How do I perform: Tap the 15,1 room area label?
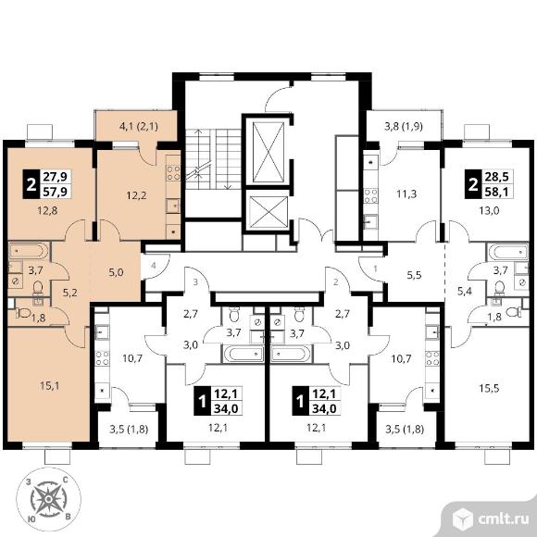tap(50, 386)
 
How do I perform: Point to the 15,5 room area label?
tap(489, 389)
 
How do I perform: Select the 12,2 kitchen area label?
tap(136, 195)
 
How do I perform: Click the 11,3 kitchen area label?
tap(406, 194)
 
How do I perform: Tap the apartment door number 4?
tap(154, 266)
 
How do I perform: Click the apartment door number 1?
tap(375, 268)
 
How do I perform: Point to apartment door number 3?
tap(195, 282)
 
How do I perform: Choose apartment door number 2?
tap(335, 282)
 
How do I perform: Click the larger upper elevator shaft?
tap(268, 153)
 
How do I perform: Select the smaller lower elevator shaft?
tap(268, 212)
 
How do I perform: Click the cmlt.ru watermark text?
tap(503, 519)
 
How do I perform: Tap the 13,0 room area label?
tap(489, 210)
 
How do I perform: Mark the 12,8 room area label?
tap(47, 210)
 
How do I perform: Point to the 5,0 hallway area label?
tap(116, 273)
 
